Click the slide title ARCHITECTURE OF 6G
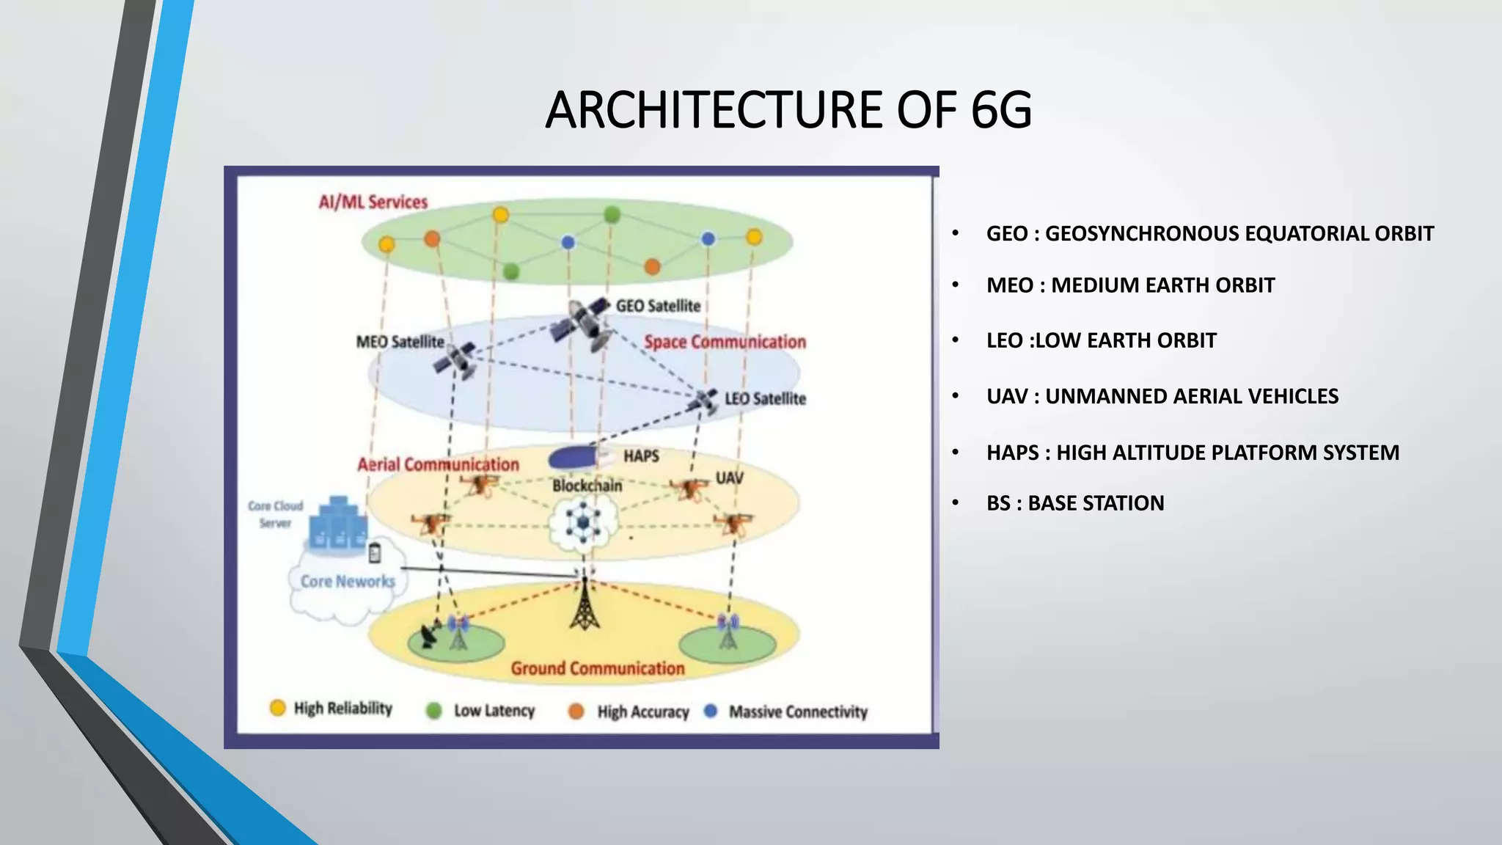(x=788, y=110)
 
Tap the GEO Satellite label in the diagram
(x=658, y=306)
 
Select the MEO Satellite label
(x=400, y=342)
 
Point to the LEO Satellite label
(x=765, y=398)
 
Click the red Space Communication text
(x=725, y=342)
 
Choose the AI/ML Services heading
(x=373, y=202)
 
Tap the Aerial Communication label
(x=438, y=464)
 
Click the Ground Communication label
(x=597, y=668)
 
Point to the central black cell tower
(x=585, y=606)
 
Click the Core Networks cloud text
(x=348, y=582)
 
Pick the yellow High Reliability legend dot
(x=277, y=708)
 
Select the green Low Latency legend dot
(x=434, y=711)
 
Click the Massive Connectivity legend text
(x=798, y=712)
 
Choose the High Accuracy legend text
(x=642, y=712)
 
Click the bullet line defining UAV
(x=1162, y=396)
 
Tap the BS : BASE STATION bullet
(x=1074, y=503)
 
